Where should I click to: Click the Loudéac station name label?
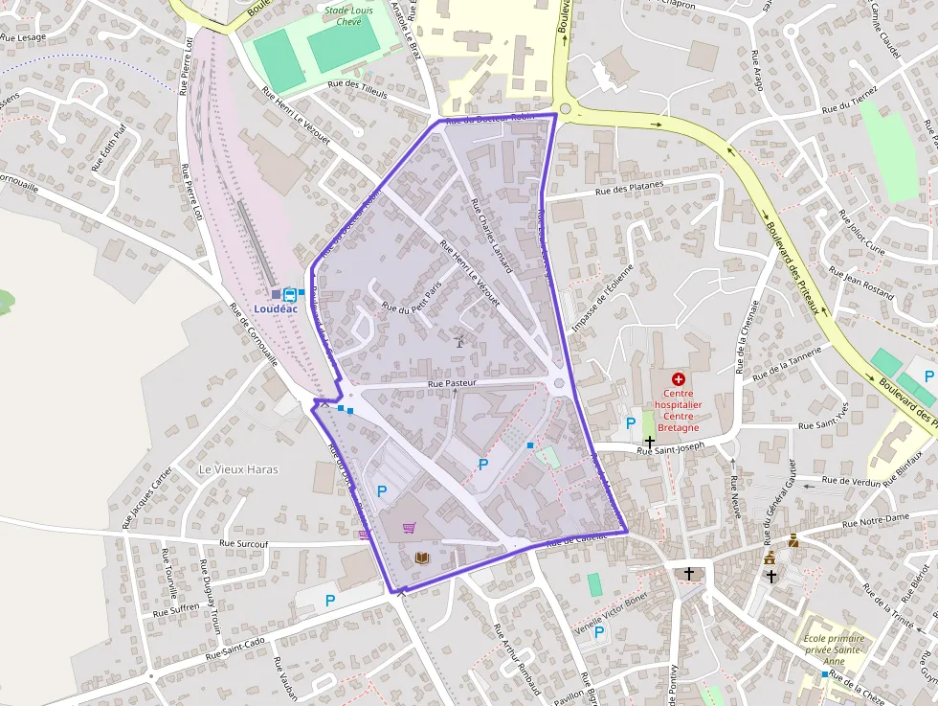(276, 308)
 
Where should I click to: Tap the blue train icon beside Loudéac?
(289, 294)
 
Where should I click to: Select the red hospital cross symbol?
(679, 380)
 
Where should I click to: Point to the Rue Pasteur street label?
(452, 382)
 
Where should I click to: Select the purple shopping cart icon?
(410, 527)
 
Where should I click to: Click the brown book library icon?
(421, 558)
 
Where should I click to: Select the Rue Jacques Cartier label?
(147, 496)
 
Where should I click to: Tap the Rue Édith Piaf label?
(108, 148)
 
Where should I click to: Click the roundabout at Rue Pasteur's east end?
(559, 384)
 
